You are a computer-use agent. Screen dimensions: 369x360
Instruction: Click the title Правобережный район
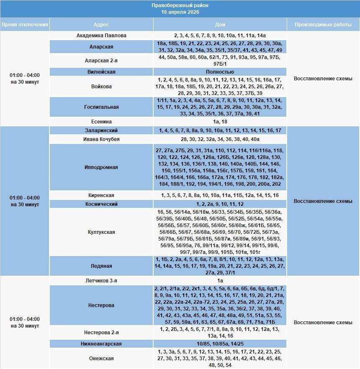180,5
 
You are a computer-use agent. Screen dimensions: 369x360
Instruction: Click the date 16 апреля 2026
180,12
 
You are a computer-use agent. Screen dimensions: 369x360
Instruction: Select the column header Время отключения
25,25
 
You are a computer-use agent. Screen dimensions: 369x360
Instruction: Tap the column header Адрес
101,25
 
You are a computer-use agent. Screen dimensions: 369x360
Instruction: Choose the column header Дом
220,25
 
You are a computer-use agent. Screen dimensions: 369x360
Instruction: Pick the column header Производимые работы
323,25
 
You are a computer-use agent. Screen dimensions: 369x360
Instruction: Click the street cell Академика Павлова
101,36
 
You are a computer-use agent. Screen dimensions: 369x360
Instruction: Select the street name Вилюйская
101,72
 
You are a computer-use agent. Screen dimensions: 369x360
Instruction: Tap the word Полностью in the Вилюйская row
220,72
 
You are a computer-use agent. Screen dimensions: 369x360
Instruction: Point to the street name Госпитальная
101,107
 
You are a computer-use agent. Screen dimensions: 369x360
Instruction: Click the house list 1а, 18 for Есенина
220,122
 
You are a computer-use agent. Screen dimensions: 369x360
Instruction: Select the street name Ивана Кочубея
101,139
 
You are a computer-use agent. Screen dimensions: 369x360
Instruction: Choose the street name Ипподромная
101,167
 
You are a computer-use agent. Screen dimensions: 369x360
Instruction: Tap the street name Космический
101,204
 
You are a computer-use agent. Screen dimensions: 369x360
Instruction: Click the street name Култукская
101,232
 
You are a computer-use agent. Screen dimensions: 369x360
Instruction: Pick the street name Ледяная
101,266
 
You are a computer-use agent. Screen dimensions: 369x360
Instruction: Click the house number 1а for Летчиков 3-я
220,281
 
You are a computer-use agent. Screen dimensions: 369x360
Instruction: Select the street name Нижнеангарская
101,344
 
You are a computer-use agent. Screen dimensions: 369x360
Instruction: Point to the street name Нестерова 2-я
101,333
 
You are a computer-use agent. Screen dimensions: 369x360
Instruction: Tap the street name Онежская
101,359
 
